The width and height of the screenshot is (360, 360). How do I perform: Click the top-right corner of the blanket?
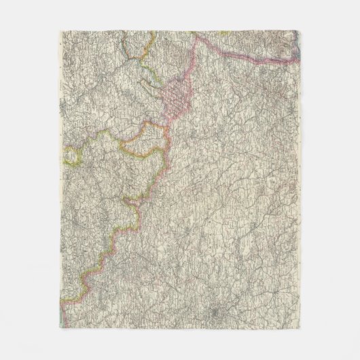tap(303, 30)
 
